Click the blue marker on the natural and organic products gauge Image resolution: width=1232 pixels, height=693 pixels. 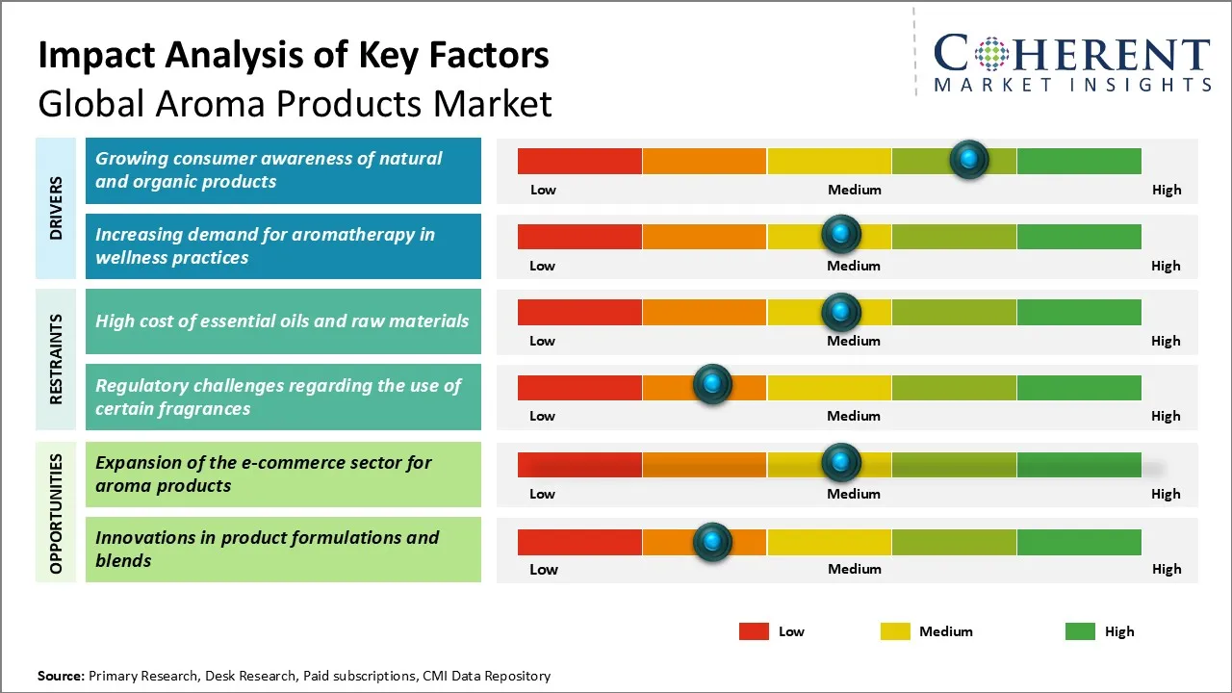(x=969, y=159)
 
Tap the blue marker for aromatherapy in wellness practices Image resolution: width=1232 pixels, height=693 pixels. (x=841, y=234)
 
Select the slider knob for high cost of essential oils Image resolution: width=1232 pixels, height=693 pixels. (x=841, y=312)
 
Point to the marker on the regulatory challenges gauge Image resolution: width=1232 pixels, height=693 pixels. (x=712, y=385)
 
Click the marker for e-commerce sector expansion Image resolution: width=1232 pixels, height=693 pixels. (x=841, y=463)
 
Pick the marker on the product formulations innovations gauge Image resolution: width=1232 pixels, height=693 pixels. (x=712, y=542)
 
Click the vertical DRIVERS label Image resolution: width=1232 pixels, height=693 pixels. (x=56, y=208)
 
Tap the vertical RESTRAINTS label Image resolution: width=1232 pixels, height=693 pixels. (x=56, y=359)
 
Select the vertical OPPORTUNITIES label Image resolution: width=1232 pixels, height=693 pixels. (x=56, y=513)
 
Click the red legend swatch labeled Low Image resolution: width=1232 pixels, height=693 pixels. (x=754, y=631)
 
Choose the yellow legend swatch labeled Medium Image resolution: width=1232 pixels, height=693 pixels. (x=895, y=631)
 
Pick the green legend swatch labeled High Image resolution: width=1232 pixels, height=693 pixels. (x=1080, y=631)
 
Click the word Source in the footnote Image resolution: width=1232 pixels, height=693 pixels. (x=61, y=676)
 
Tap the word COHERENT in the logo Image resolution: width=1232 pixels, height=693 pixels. (x=1071, y=54)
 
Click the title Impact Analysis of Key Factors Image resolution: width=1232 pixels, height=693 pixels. (x=294, y=55)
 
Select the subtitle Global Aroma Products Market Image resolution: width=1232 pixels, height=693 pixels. (x=295, y=103)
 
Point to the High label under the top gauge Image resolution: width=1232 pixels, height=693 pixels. (x=1166, y=190)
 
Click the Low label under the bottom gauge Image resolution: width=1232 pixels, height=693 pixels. (x=543, y=569)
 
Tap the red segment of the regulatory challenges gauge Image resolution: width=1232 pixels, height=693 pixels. (x=579, y=387)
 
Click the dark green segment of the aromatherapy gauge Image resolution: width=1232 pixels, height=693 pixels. (x=1078, y=236)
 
